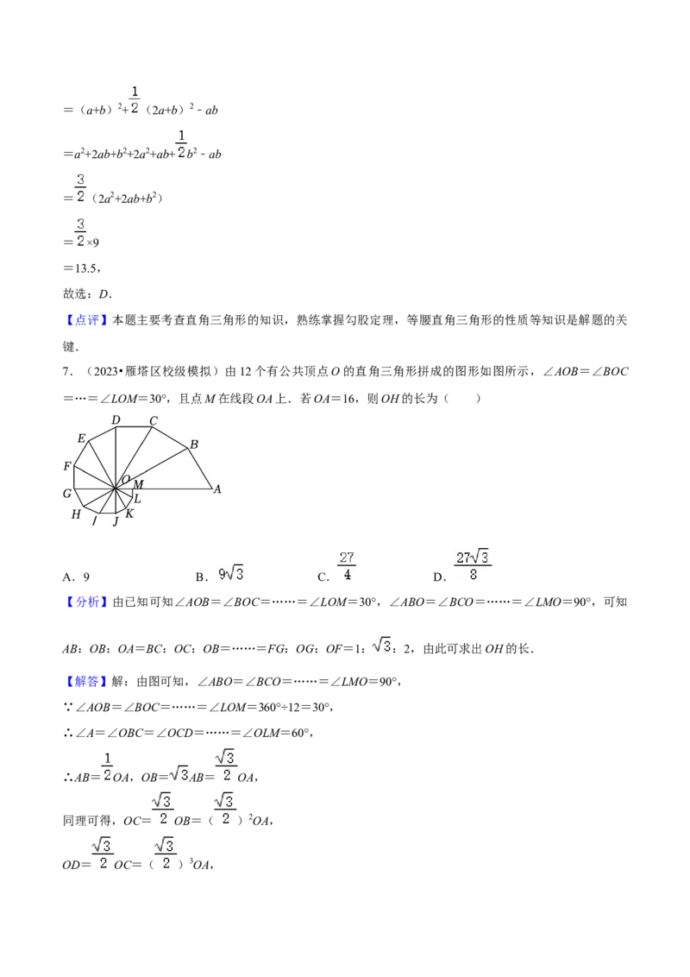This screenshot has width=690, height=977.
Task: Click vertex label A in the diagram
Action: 217,489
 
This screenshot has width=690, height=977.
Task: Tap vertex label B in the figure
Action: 194,444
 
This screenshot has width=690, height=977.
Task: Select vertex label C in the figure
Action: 154,420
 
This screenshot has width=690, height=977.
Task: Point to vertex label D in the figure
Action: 116,420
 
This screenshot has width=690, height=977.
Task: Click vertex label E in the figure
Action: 81,438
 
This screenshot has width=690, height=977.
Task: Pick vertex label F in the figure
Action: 67,466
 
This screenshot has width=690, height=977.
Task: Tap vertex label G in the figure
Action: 67,494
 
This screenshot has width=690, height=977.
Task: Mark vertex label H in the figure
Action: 76,514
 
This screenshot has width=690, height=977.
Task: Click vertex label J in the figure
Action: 116,521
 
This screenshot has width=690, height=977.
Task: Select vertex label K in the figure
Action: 129,514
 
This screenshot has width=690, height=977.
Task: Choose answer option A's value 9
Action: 86,577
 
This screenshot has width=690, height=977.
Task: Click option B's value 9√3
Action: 230,573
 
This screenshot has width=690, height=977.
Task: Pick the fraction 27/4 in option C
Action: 347,566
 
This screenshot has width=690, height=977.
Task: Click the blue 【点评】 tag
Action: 86,320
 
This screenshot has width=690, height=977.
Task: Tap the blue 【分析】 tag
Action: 86,602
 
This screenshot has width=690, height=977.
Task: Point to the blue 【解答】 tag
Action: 86,682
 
